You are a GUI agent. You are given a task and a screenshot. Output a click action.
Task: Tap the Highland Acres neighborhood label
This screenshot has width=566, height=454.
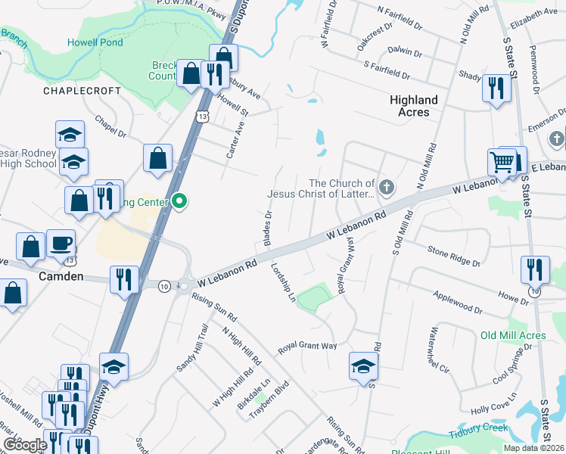click(x=414, y=106)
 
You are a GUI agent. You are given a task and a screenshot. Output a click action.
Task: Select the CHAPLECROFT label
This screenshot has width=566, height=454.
click(x=82, y=91)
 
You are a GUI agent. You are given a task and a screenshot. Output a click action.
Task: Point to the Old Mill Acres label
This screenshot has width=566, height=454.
click(x=512, y=335)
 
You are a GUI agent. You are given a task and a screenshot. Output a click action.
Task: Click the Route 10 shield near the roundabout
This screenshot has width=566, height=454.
click(x=163, y=285)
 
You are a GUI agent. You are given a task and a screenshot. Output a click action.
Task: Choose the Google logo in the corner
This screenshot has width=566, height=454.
click(x=26, y=444)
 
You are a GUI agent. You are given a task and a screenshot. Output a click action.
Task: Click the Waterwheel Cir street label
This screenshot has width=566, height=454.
click(x=439, y=352)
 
